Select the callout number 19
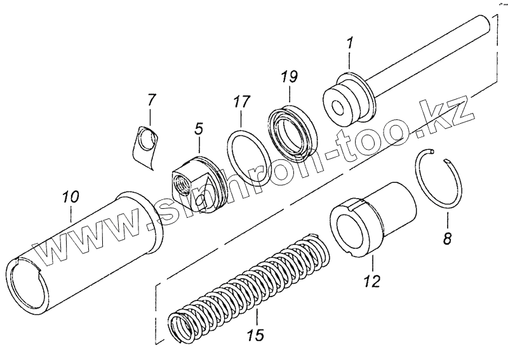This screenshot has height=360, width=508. (289, 78)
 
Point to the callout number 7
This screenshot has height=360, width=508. (150, 100)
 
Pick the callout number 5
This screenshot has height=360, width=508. (199, 130)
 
